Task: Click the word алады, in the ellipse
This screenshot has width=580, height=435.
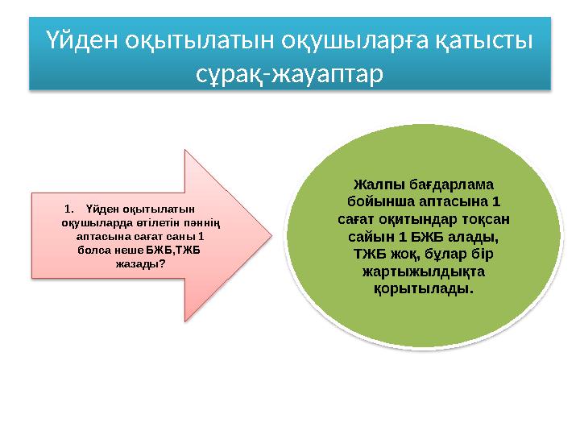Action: pyautogui.click(x=469, y=236)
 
